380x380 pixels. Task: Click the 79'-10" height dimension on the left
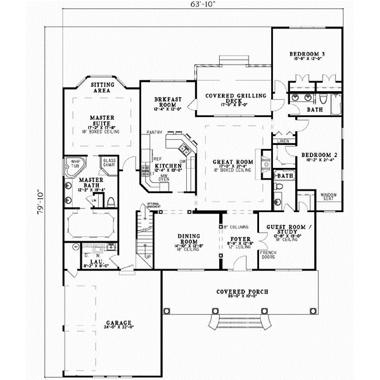pos(39,201)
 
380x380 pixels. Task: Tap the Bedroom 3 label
pos(307,54)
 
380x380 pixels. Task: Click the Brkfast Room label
pos(168,103)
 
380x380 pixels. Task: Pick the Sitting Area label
pos(103,87)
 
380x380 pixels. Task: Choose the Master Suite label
pos(101,120)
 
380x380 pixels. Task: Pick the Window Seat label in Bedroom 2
pos(329,197)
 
